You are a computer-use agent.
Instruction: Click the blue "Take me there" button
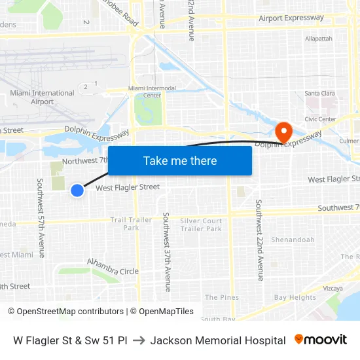[180, 160]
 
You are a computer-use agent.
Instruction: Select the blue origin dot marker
[77, 190]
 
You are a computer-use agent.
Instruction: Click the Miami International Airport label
[42, 97]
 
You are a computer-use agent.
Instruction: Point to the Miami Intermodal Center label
[153, 92]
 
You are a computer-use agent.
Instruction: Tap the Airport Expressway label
[291, 18]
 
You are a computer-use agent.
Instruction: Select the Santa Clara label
[320, 94]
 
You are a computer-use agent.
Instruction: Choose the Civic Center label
[320, 119]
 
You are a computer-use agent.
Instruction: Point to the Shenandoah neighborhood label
[293, 240]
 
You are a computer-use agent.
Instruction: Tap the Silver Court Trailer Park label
[201, 225]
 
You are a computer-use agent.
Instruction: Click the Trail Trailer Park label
[131, 224]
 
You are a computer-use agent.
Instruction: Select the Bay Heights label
[295, 298]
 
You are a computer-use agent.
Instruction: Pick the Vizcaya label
[333, 288]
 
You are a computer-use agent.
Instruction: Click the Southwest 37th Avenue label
[168, 251]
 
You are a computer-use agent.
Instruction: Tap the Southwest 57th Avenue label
[41, 217]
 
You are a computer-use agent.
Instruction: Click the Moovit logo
[321, 340]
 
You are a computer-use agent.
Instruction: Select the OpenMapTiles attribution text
[162, 312]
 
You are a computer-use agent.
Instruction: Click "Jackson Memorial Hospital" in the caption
[218, 340]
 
